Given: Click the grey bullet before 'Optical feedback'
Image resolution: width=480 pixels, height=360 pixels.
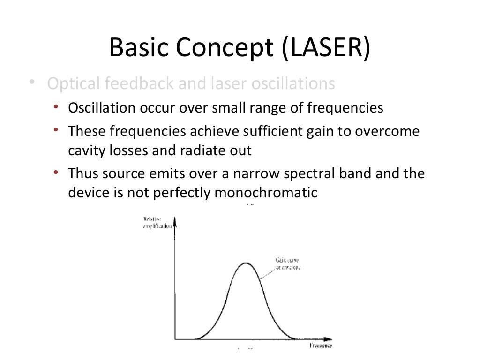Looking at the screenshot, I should [x=31, y=83].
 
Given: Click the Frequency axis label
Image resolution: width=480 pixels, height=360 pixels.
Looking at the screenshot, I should [x=321, y=345].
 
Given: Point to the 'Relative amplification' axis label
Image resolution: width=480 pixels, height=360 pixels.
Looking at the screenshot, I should [x=156, y=222].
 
